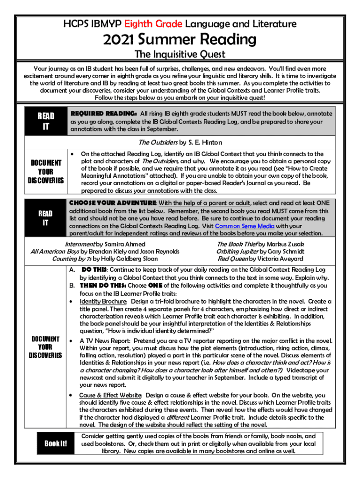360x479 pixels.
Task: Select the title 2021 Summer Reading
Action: (x=180, y=39)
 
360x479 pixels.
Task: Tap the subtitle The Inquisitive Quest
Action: (x=180, y=54)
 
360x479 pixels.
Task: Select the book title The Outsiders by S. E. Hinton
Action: (x=180, y=142)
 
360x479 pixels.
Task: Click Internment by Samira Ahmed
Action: (x=105, y=244)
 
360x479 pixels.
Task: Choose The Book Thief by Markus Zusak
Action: (x=260, y=244)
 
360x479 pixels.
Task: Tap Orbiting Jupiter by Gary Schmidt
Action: (x=260, y=251)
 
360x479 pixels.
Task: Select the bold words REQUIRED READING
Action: (x=103, y=114)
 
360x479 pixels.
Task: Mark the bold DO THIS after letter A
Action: (x=94, y=269)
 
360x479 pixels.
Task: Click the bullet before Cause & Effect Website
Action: (x=72, y=395)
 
